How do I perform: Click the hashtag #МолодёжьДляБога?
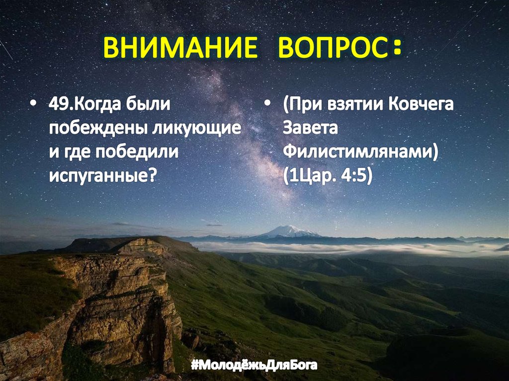(x=254, y=366)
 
